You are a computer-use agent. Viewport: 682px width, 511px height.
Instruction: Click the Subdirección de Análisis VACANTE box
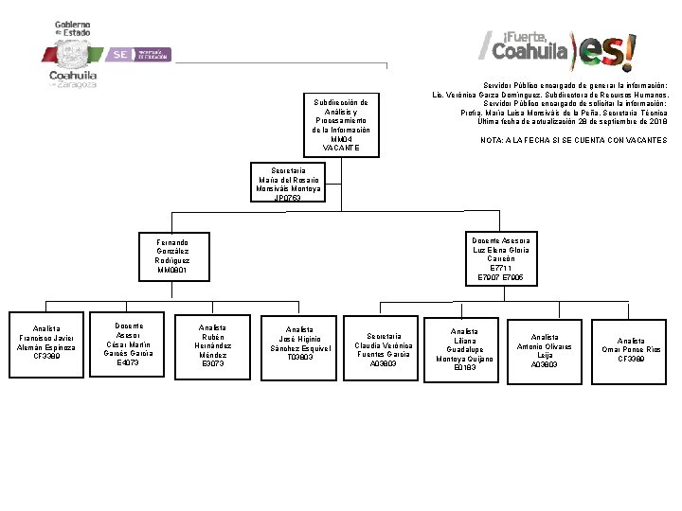(341, 124)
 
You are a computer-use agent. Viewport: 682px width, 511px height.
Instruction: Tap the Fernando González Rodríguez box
(172, 256)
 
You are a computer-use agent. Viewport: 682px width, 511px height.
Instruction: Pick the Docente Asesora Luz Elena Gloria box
(501, 258)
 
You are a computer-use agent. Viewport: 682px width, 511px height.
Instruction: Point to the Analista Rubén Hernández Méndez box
(212, 345)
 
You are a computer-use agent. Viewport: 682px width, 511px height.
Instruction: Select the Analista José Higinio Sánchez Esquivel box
(297, 344)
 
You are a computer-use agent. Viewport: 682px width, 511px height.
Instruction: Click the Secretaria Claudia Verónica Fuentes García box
(383, 349)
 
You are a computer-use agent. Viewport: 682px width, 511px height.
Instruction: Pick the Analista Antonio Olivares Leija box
(545, 350)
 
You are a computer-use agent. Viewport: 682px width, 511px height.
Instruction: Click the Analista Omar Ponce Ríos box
(631, 349)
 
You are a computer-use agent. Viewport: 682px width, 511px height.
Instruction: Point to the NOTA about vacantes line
(573, 140)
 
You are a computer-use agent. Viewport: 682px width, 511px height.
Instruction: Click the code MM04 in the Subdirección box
(341, 139)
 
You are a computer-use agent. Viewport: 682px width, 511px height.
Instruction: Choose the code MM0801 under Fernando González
(172, 271)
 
